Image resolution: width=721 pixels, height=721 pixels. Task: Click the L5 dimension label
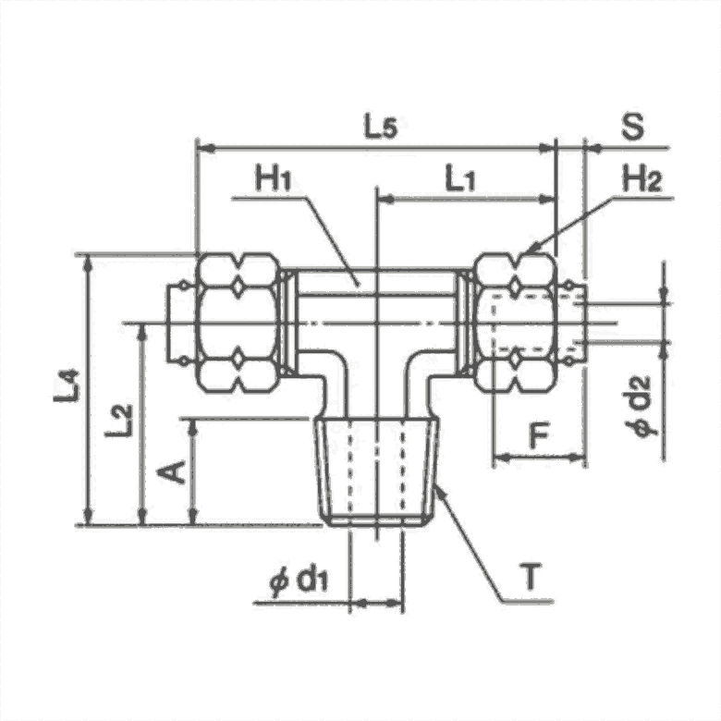coord(380,127)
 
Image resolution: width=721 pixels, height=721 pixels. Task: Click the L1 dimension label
coord(459,179)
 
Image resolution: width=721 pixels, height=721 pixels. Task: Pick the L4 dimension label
coord(67,386)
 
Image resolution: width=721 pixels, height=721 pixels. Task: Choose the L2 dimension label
coord(119,421)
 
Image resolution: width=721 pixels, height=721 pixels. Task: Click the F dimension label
coord(539,436)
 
